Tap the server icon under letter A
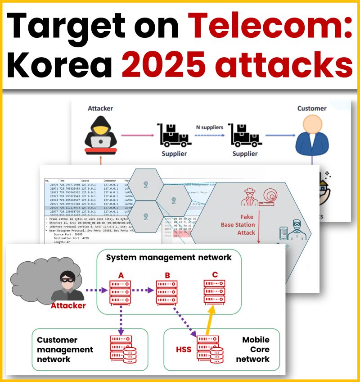point(121,291)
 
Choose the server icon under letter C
point(214,291)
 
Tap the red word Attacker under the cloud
point(68,306)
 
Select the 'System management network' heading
point(169,258)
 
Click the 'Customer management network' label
point(65,350)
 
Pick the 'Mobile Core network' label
point(256,350)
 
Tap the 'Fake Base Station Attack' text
point(238,224)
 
